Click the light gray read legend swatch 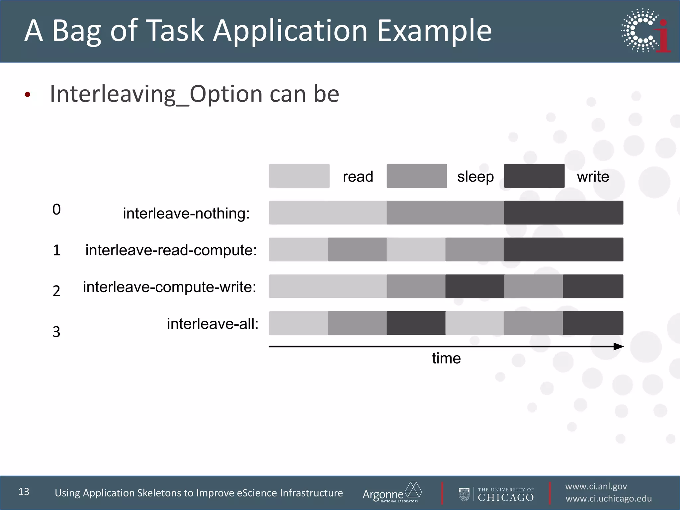click(x=299, y=176)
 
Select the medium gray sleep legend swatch click(x=417, y=176)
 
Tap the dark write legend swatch click(x=534, y=176)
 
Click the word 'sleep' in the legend click(x=475, y=177)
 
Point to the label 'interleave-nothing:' click(x=186, y=213)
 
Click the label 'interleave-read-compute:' click(x=171, y=250)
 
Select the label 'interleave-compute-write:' click(x=170, y=287)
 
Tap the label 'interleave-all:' click(x=212, y=324)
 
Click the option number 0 click(x=56, y=210)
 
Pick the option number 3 click(x=56, y=332)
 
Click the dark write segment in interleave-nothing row click(x=563, y=212)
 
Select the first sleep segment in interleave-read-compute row click(x=357, y=249)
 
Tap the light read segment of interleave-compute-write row click(x=328, y=286)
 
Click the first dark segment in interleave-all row click(x=416, y=323)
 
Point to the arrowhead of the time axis click(x=619, y=347)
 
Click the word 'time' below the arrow click(x=446, y=359)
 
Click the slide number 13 click(x=24, y=492)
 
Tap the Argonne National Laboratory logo click(x=392, y=493)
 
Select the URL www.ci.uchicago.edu click(x=609, y=499)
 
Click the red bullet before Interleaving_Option click(x=28, y=95)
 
